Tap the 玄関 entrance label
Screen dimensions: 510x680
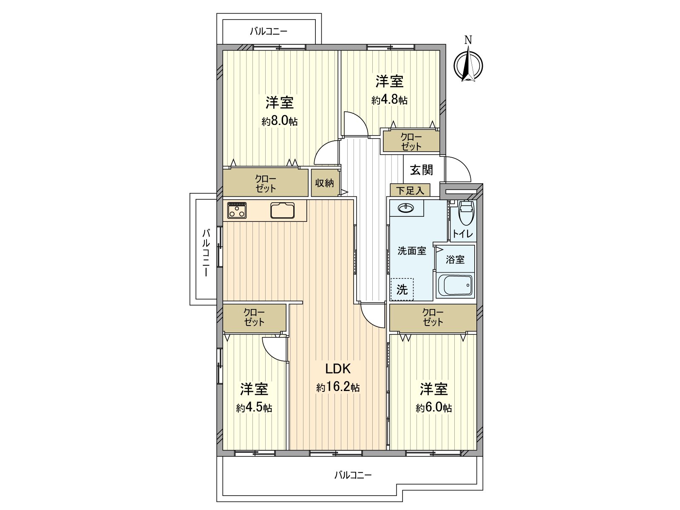pyautogui.click(x=421, y=170)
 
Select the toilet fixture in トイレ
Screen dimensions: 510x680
pyautogui.click(x=466, y=214)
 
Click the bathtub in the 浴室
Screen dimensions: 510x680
pyautogui.click(x=455, y=285)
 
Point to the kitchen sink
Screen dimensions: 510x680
pyautogui.click(x=283, y=210)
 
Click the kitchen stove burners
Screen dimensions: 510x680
pyautogui.click(x=237, y=210)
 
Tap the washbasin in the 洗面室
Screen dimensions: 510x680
pyautogui.click(x=407, y=208)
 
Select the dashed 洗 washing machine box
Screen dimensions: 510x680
pyautogui.click(x=402, y=289)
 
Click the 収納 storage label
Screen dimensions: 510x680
pyautogui.click(x=324, y=183)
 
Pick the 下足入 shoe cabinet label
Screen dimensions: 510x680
pyautogui.click(x=410, y=190)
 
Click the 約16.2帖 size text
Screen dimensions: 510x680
pyautogui.click(x=338, y=387)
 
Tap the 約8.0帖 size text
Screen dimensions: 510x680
pyautogui.click(x=280, y=121)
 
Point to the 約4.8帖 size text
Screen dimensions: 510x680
pyautogui.click(x=389, y=100)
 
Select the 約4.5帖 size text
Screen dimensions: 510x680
pyautogui.click(x=254, y=408)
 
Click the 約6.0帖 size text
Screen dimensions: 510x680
pyautogui.click(x=433, y=408)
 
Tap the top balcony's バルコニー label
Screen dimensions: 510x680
pyautogui.click(x=269, y=31)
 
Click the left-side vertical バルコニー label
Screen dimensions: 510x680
pyautogui.click(x=206, y=253)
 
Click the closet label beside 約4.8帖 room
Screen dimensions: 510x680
pyautogui.click(x=411, y=142)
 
